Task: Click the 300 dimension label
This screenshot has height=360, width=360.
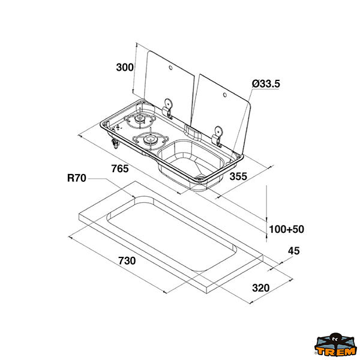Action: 125,67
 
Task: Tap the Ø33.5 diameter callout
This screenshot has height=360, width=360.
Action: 266,83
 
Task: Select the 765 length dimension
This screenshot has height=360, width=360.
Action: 120,169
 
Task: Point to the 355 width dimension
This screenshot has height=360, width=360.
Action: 238,176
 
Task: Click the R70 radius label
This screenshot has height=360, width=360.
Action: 77,178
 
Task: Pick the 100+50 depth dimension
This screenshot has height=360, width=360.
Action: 286,229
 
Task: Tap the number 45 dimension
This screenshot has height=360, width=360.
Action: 293,251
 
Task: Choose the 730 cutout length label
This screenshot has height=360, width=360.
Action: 127,261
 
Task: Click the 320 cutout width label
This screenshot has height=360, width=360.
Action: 261,287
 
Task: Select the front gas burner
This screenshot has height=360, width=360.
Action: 151,140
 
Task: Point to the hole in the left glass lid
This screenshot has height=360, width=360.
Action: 170,68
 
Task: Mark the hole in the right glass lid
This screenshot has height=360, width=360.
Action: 225,95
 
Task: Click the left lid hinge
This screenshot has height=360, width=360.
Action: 167,109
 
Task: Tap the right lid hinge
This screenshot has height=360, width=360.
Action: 217,136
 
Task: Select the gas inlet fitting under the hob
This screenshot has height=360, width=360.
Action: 115,143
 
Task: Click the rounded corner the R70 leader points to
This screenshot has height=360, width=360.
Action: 138,198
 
